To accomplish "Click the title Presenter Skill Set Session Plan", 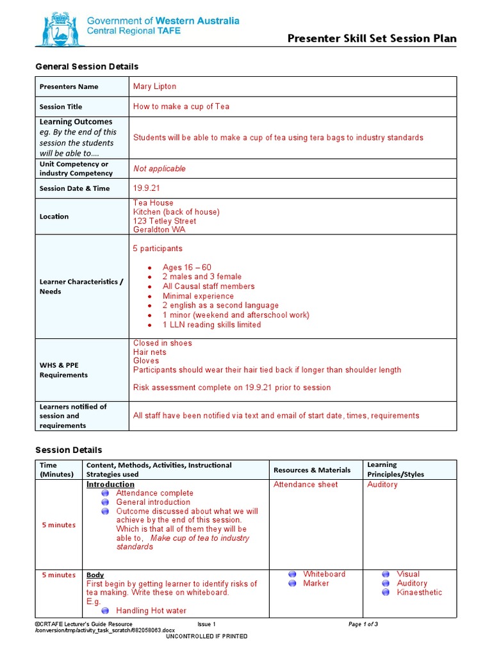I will click(x=372, y=38).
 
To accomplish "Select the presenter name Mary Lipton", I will click(x=154, y=86).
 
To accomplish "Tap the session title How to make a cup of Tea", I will click(x=181, y=106).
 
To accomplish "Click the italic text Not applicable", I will click(x=159, y=168).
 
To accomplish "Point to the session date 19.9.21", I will click(x=147, y=188).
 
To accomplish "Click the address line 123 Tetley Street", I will click(x=165, y=221).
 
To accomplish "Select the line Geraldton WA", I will click(x=159, y=230).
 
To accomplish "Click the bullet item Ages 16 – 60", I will click(x=186, y=267).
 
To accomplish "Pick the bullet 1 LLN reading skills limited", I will click(x=211, y=325).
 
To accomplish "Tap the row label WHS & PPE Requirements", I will click(x=64, y=370).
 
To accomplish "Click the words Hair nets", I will click(x=149, y=352).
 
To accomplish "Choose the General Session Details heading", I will click(x=86, y=67).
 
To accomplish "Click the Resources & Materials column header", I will click(x=312, y=470).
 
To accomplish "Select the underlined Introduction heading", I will click(x=110, y=484).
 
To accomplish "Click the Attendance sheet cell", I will click(x=306, y=484).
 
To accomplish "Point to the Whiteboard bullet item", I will click(x=324, y=574).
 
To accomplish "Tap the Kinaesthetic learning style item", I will click(x=420, y=593).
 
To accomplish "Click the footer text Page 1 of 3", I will click(x=363, y=624).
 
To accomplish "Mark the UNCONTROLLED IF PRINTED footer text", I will click(x=206, y=636).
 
